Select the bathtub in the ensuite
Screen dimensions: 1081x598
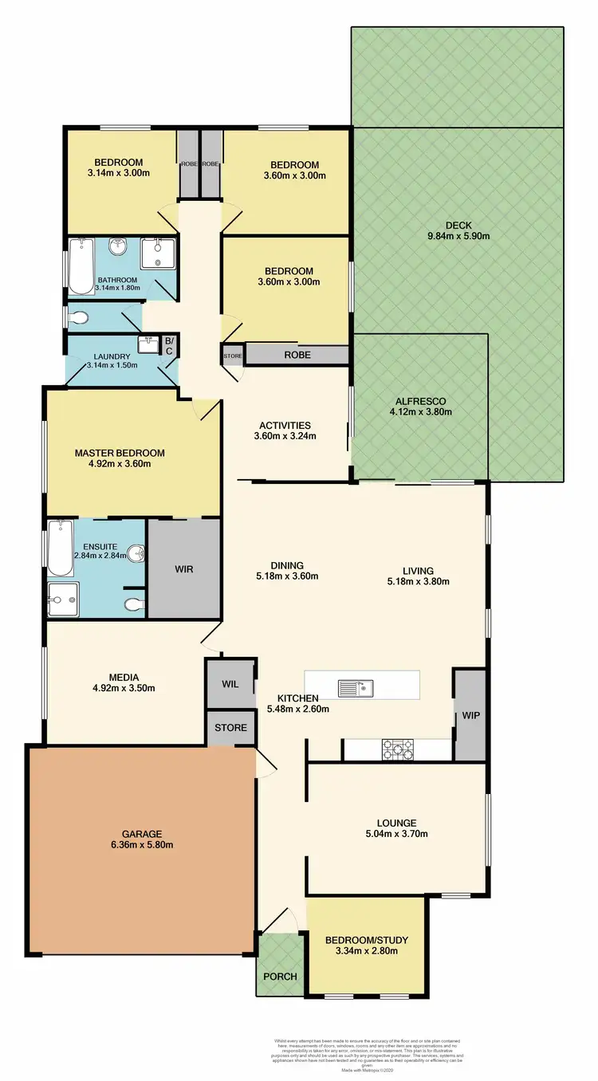click(61, 547)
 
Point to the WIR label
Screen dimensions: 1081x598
click(184, 569)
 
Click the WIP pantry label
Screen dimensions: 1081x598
click(470, 715)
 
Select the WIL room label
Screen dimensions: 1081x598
click(230, 684)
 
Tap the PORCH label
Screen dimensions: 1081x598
click(280, 977)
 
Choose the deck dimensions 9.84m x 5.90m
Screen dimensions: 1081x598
click(458, 236)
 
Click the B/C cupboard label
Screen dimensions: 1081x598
click(168, 345)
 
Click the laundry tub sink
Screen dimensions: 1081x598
click(148, 344)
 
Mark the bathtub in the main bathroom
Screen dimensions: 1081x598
click(81, 266)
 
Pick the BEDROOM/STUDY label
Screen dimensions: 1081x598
click(361, 939)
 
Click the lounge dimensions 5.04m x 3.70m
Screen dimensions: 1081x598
click(397, 835)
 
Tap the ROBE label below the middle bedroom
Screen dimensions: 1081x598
click(297, 355)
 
